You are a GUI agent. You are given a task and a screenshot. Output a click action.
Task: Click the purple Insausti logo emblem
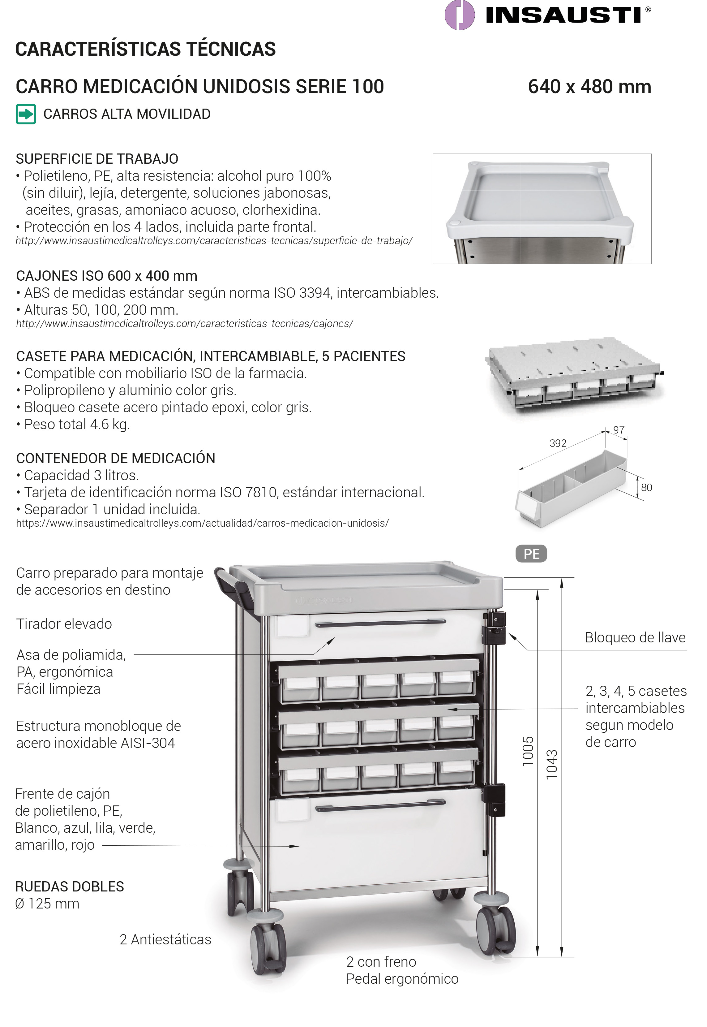[459, 15]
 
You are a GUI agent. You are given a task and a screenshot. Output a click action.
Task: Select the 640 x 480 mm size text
[589, 87]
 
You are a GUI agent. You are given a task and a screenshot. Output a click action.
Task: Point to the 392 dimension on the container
[558, 443]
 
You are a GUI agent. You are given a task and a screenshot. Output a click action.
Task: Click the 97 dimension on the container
[619, 429]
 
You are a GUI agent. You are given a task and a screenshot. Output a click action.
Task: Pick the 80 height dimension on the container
[646, 487]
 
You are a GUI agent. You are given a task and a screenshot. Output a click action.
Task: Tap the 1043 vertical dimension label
[551, 764]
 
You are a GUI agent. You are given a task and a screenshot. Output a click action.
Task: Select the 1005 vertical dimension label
[528, 751]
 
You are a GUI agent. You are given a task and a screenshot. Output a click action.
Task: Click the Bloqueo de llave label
[635, 637]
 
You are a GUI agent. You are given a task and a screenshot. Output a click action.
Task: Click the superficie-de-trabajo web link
[214, 241]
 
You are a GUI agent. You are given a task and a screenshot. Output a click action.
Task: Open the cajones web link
[184, 324]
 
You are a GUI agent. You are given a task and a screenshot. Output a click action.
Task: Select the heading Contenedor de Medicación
[116, 458]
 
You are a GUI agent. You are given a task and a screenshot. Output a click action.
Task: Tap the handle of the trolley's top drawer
[380, 624]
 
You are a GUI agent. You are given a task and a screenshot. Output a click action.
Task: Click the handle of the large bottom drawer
[380, 804]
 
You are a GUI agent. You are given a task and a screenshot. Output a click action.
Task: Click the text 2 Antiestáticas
[165, 939]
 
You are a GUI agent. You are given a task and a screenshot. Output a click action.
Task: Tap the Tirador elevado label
[64, 624]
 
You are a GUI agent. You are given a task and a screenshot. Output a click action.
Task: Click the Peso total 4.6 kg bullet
[77, 424]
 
